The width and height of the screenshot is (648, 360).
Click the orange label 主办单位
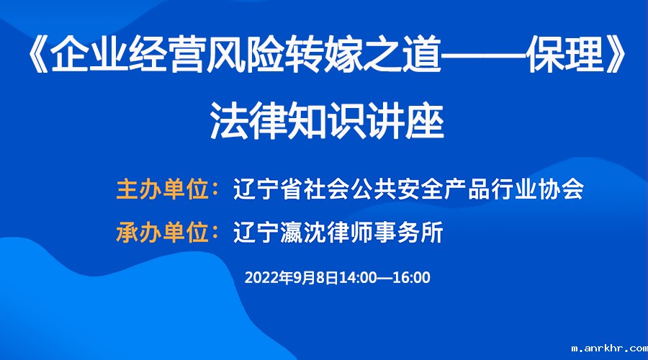tap(163, 189)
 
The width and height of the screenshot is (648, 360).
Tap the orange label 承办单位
tap(163, 233)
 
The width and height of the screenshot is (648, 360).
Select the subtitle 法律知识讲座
tap(327, 121)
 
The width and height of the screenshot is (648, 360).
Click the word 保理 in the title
tap(565, 55)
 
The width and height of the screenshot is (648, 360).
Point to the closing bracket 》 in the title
tap(615, 55)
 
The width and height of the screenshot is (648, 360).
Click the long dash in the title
tap(484, 55)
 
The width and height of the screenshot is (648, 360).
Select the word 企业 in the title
tap(89, 55)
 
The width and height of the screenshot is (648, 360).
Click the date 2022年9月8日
tap(292, 277)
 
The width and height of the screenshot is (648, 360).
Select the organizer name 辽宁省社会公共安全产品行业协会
tap(408, 189)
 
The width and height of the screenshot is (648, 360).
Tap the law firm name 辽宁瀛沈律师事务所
tap(338, 233)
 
